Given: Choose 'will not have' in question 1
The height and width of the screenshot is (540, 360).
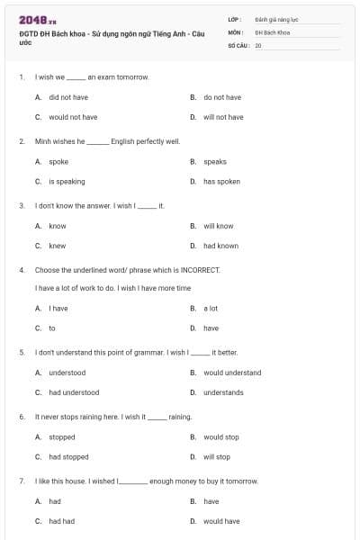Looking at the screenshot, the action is (222, 117).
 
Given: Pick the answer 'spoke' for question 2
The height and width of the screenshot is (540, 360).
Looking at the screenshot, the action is (58, 162).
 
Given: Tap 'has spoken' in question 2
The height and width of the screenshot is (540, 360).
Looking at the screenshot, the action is (221, 182).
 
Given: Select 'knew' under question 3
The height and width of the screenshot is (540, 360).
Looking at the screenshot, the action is (58, 246).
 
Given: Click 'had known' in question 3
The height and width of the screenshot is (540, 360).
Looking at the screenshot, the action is (220, 246).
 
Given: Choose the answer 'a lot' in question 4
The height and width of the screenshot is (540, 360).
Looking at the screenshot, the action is (211, 309).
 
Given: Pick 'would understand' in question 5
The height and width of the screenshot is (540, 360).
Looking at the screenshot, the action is (232, 373).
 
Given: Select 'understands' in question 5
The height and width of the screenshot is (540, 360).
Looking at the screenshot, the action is (223, 392).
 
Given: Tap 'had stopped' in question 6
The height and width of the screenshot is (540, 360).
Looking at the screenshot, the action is (68, 457).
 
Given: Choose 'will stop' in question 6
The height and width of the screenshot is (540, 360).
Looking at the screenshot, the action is (216, 457).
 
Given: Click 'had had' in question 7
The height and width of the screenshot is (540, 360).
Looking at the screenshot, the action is (62, 521).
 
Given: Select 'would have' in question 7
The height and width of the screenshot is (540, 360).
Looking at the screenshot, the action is (221, 521).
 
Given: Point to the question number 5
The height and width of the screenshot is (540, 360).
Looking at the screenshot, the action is (22, 353).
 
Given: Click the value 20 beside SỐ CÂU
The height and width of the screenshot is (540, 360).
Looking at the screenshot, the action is (258, 45).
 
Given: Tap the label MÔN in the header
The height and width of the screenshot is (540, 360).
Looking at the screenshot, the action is (236, 31).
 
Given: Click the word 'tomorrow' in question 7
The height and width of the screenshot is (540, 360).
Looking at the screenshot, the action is (241, 481).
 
